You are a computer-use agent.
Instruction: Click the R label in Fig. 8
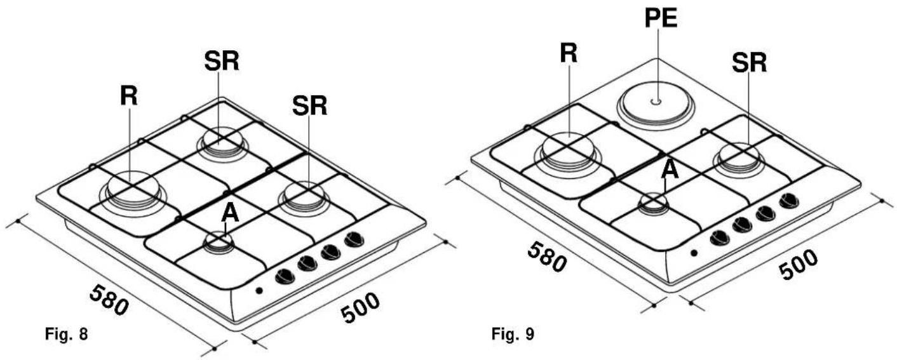click(129, 96)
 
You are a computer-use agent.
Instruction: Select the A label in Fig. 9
click(670, 169)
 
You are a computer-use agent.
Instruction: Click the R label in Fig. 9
click(569, 53)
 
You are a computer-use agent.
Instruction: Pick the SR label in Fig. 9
click(749, 63)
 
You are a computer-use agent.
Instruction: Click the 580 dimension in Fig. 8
click(109, 300)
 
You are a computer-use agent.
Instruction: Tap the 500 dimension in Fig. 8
click(360, 307)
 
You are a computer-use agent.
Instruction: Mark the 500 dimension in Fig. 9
click(798, 264)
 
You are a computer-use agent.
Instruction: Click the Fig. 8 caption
click(66, 334)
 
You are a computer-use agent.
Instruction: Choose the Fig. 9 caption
click(513, 333)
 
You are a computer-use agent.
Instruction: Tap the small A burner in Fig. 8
click(219, 243)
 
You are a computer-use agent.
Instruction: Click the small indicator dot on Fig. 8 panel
click(259, 290)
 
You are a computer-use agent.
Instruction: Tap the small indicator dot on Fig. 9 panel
click(694, 253)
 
